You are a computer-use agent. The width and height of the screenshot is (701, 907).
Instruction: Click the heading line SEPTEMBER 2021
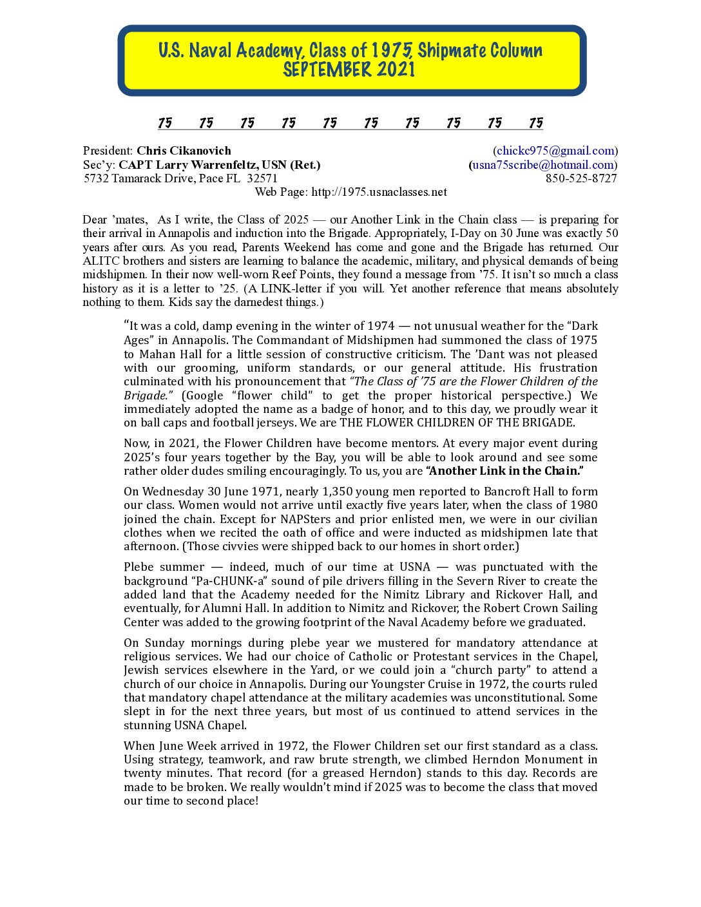[349, 70]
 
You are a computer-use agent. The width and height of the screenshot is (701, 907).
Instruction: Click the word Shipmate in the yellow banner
[448, 50]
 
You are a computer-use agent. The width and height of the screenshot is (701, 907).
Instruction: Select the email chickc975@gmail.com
[555, 151]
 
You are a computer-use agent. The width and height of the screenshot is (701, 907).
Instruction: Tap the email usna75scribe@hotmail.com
[543, 165]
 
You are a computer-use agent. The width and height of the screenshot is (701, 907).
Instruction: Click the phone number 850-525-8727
[581, 178]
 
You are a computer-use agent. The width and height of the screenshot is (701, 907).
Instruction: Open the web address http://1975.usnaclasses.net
[379, 192]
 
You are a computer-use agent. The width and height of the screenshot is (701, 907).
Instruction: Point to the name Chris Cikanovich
[184, 151]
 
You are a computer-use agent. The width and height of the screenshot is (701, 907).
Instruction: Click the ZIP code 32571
[262, 178]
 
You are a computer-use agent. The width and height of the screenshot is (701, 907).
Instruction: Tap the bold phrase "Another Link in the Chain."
[505, 471]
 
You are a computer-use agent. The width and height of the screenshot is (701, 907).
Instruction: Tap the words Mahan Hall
[170, 354]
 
